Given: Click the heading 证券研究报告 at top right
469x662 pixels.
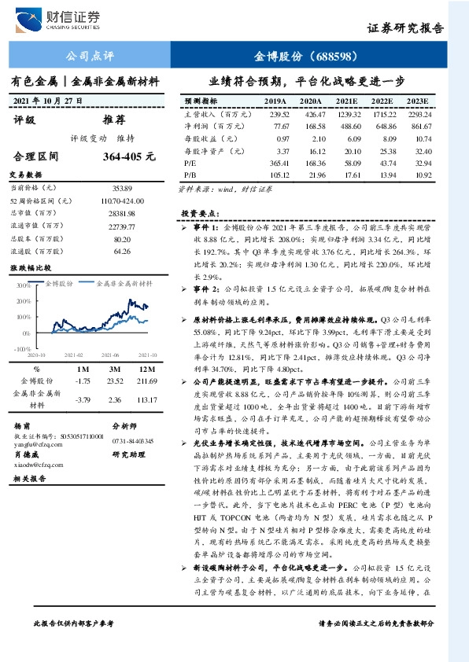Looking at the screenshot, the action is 405,28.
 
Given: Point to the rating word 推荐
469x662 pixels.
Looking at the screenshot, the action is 114,121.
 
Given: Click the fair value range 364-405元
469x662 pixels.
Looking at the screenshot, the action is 127,156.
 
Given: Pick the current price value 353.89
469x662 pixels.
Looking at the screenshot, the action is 121,188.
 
